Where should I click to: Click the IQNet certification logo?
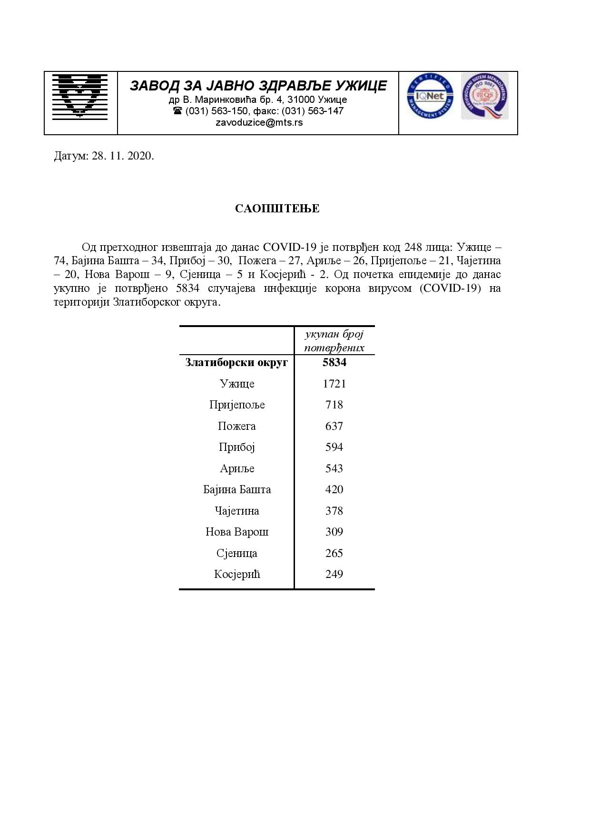tap(430, 97)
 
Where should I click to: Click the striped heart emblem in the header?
tap(80, 95)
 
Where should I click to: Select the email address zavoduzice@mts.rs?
tap(259, 122)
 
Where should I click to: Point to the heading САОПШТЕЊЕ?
tap(277, 209)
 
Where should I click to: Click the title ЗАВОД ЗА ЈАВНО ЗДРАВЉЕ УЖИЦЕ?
tap(258, 86)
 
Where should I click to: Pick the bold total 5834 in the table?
tap(334, 362)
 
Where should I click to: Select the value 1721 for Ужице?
tap(334, 384)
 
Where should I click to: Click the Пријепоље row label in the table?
tap(237, 405)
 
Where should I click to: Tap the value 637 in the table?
tap(334, 426)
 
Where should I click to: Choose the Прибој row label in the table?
tap(237, 447)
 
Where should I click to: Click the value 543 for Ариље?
tap(334, 468)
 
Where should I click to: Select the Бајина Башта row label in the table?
tap(237, 489)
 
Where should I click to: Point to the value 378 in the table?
tap(334, 511)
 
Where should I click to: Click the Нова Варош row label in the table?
tap(237, 532)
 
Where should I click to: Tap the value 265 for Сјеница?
tap(334, 553)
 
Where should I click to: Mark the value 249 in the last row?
tap(334, 574)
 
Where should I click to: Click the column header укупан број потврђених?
tap(334, 341)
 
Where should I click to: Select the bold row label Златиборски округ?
tap(236, 362)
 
